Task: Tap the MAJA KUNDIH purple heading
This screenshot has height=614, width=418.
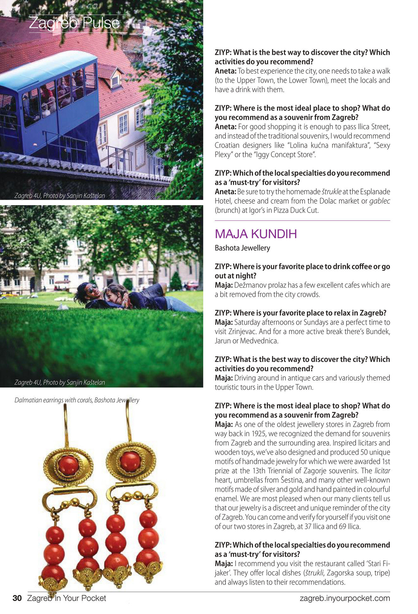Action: point(256,234)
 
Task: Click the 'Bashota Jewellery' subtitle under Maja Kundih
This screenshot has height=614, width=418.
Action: point(242,248)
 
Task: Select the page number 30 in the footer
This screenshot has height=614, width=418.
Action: point(17,598)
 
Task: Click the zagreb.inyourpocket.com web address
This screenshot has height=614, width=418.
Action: point(345,598)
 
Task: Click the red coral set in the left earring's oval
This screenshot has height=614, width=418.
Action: point(68,464)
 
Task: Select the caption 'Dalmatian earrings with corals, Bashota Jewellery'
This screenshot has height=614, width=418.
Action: point(77,400)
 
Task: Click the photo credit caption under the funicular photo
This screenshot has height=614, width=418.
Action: point(60,195)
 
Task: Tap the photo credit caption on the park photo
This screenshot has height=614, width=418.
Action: point(60,382)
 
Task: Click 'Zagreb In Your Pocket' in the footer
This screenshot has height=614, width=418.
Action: point(66,598)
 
